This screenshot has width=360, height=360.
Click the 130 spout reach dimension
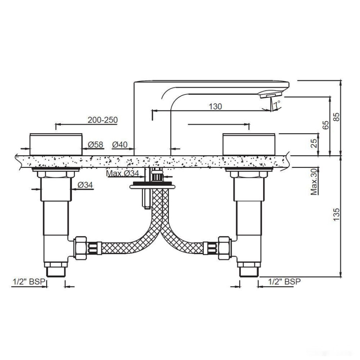pyautogui.click(x=215, y=107)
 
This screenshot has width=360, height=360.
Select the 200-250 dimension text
pyautogui.click(x=103, y=120)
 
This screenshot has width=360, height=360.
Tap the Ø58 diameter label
pyautogui.click(x=95, y=145)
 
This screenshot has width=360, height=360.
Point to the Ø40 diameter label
pyautogui.click(x=120, y=145)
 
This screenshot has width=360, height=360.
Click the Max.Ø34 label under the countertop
pyautogui.click(x=123, y=174)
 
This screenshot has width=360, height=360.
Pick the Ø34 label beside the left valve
pyautogui.click(x=85, y=185)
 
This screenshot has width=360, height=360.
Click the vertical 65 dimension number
pyautogui.click(x=325, y=125)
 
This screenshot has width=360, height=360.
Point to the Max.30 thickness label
pyautogui.click(x=314, y=181)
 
